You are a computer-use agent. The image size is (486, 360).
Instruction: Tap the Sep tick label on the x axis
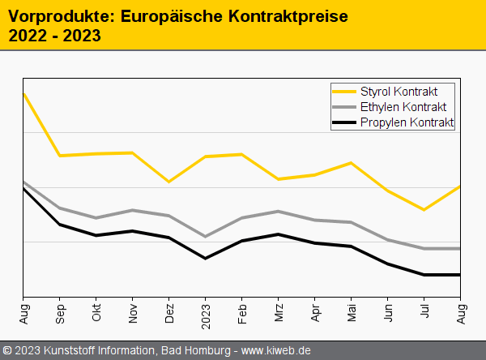pos(60,313)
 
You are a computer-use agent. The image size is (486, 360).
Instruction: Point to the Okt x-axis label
pos(96,313)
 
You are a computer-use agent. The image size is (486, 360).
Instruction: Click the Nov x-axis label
pos(133,313)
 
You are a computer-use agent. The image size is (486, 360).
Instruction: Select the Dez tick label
pos(169,313)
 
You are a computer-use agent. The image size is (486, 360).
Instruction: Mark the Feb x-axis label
pos(242,313)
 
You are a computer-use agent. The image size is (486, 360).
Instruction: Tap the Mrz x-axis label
pos(279,313)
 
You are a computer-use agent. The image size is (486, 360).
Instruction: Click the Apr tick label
pos(315,313)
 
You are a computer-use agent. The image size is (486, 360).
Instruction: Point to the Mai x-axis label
pos(352,313)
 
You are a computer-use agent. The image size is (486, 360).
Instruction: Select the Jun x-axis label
pos(388,313)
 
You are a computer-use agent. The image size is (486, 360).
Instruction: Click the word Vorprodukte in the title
pos(53,15)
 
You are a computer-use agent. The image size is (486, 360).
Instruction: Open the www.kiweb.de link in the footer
pos(276,350)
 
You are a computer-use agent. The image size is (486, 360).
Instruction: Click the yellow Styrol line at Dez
pos(169,182)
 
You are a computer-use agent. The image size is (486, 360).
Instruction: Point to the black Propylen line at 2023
pos(206,258)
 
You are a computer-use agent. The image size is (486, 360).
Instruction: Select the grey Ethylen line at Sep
pos(60,208)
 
